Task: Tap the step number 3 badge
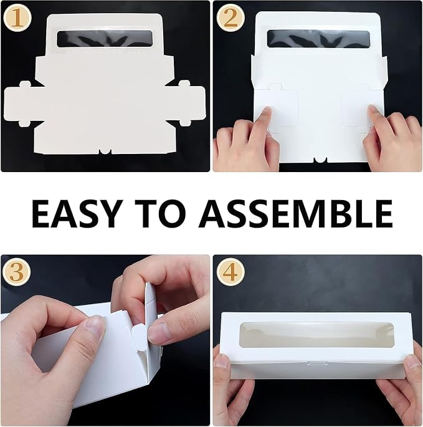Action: coord(16,272)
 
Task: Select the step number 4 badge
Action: coord(231,272)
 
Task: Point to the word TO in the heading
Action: coord(160,214)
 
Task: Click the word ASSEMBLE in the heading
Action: coord(295,214)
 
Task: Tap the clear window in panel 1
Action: coord(105,39)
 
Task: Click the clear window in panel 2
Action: coord(318,39)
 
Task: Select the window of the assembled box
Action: coord(317,335)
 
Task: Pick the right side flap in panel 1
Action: coord(188,103)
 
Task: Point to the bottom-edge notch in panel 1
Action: coord(105,151)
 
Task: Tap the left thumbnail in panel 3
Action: coord(95,326)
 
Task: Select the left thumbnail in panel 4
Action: coord(222,362)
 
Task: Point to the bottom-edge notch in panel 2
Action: coord(320,160)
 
